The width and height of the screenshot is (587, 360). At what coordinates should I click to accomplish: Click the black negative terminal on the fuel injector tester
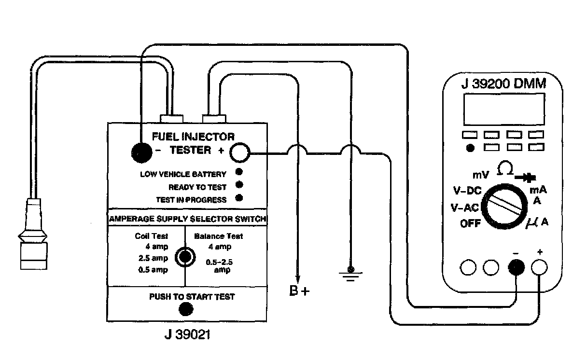pos(141,153)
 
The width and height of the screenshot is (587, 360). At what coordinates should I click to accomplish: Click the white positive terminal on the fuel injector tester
pos(239,153)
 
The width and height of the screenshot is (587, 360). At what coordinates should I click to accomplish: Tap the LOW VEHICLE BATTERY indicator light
pos(239,172)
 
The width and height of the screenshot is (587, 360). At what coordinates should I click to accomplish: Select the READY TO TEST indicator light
pos(239,185)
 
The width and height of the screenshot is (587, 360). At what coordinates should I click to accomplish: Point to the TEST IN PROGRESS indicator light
pos(239,197)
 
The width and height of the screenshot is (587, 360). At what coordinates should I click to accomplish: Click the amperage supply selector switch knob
pos(185,257)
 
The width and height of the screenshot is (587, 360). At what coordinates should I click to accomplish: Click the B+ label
pos(299,292)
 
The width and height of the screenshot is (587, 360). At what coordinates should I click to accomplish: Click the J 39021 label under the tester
pos(187,334)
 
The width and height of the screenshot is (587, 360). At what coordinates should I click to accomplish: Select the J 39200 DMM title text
pos(503,84)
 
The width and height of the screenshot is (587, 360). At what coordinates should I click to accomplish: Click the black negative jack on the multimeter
pos(517,267)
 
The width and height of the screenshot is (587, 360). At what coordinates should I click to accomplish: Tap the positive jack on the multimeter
pos(539,267)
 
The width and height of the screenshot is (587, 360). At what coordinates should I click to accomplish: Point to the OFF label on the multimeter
pos(470,223)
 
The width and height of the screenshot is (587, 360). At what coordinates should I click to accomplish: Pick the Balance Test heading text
pos(218,236)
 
